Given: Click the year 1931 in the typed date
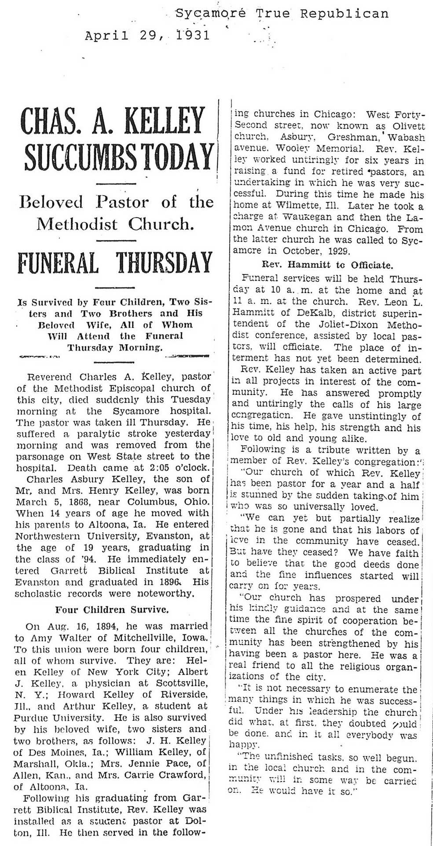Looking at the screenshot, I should click(193, 35).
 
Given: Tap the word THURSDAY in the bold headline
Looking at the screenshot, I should click(164, 263).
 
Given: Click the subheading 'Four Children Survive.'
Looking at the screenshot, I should click(111, 609).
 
